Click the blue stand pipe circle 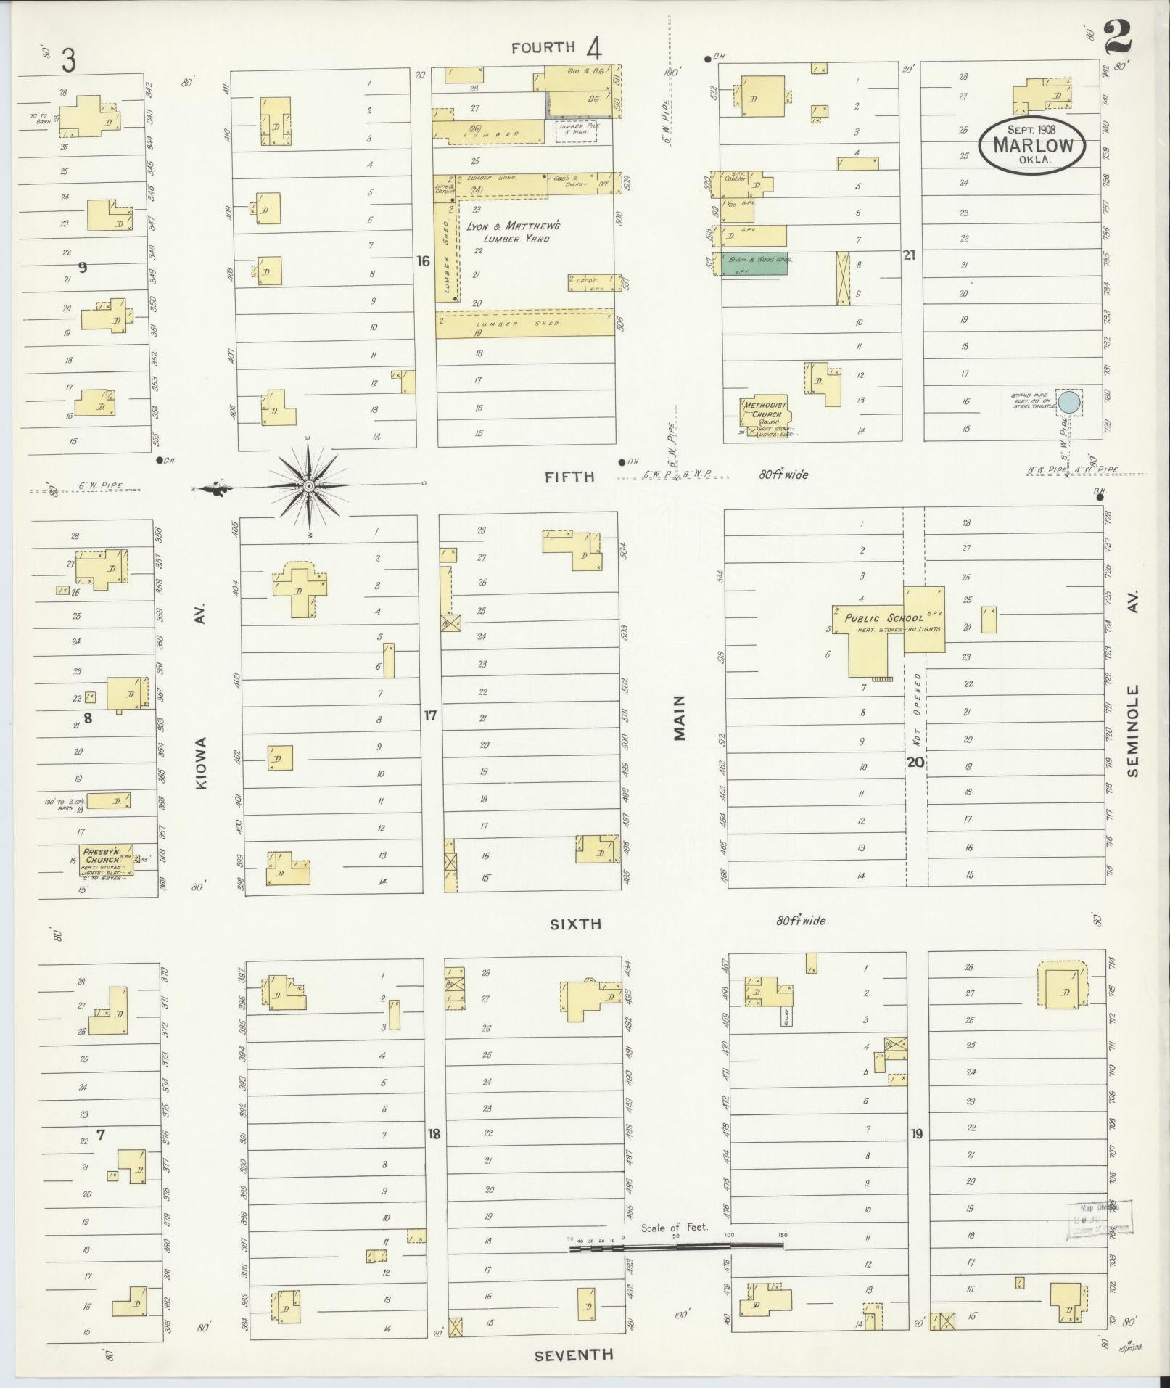tap(1068, 401)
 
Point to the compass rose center tap(308, 485)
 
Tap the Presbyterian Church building tap(106, 858)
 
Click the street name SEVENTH tap(574, 1355)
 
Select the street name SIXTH tap(575, 924)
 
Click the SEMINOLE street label tap(1133, 731)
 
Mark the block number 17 tap(431, 715)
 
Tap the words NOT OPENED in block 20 tap(918, 712)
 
